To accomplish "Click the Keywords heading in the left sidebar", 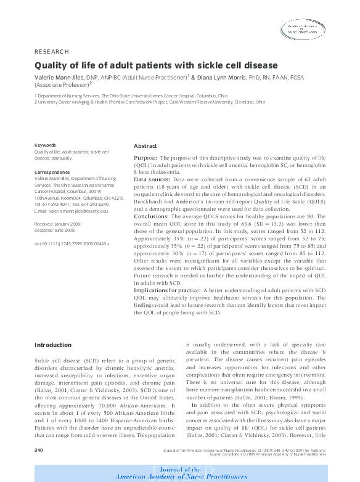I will (46, 145).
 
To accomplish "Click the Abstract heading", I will (145, 146).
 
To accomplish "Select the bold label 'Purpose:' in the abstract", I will (145, 158).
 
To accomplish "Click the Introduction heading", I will (53, 345).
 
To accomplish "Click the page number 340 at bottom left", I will (38, 451).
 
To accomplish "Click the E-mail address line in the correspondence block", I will (71, 211).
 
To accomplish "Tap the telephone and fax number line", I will (72, 204).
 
